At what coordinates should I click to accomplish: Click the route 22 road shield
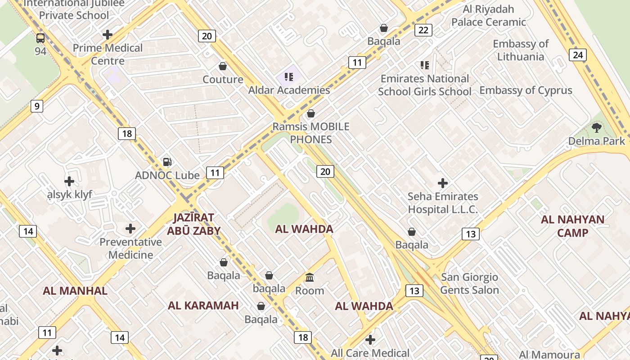click(423, 30)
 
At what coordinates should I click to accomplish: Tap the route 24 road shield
click(578, 55)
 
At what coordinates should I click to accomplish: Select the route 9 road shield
click(37, 106)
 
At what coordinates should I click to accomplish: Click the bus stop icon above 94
click(40, 38)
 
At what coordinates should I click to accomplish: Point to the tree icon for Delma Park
click(597, 128)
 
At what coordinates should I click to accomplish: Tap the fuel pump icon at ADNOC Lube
click(167, 162)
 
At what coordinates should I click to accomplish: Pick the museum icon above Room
click(310, 277)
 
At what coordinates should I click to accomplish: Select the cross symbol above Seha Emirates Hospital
click(443, 183)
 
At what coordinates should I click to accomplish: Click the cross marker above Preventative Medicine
click(130, 229)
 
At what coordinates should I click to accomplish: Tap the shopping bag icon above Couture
click(222, 67)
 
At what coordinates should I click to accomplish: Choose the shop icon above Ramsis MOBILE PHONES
click(310, 113)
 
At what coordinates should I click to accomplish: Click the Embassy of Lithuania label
click(521, 50)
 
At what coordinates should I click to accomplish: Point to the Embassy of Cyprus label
click(526, 90)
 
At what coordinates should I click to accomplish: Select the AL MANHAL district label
click(75, 291)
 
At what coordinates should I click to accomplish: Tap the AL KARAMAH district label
click(203, 306)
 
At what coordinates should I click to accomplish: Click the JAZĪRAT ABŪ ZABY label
click(193, 224)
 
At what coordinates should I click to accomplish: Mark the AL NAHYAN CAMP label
click(572, 226)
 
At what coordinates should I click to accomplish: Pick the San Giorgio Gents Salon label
click(469, 283)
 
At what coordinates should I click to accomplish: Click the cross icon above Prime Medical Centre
click(107, 34)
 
